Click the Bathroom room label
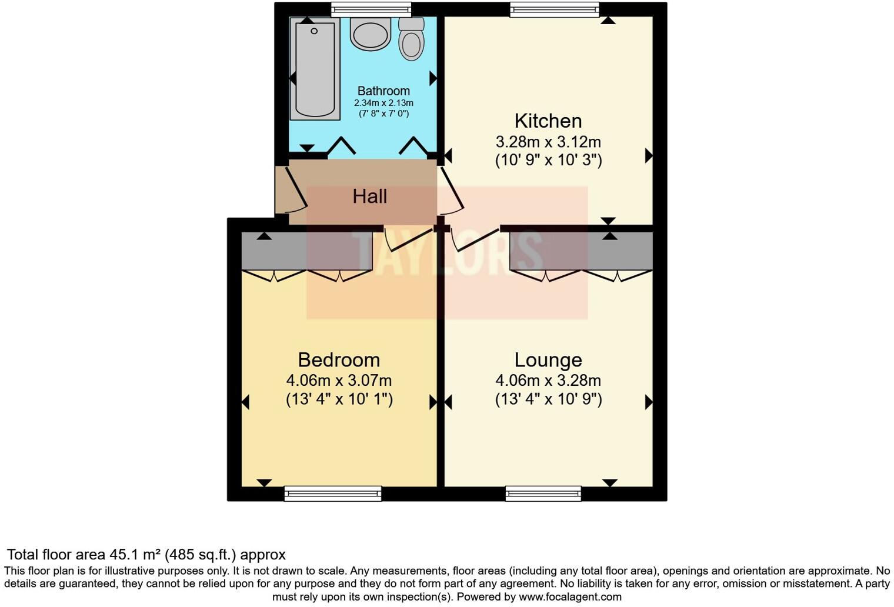383,91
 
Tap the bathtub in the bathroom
315,69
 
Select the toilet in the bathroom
411,39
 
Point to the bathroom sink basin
371,34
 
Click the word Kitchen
548,121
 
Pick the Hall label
369,196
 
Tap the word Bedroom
339,360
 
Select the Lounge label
548,360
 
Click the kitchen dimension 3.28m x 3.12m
548,142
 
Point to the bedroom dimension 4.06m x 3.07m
339,381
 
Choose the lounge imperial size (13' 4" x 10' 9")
548,399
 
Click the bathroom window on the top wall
371,9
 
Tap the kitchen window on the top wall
555,9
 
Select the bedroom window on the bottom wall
333,493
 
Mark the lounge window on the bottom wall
543,493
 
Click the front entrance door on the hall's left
291,190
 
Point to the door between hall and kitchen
451,191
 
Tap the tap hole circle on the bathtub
314,31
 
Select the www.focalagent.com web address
570,597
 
